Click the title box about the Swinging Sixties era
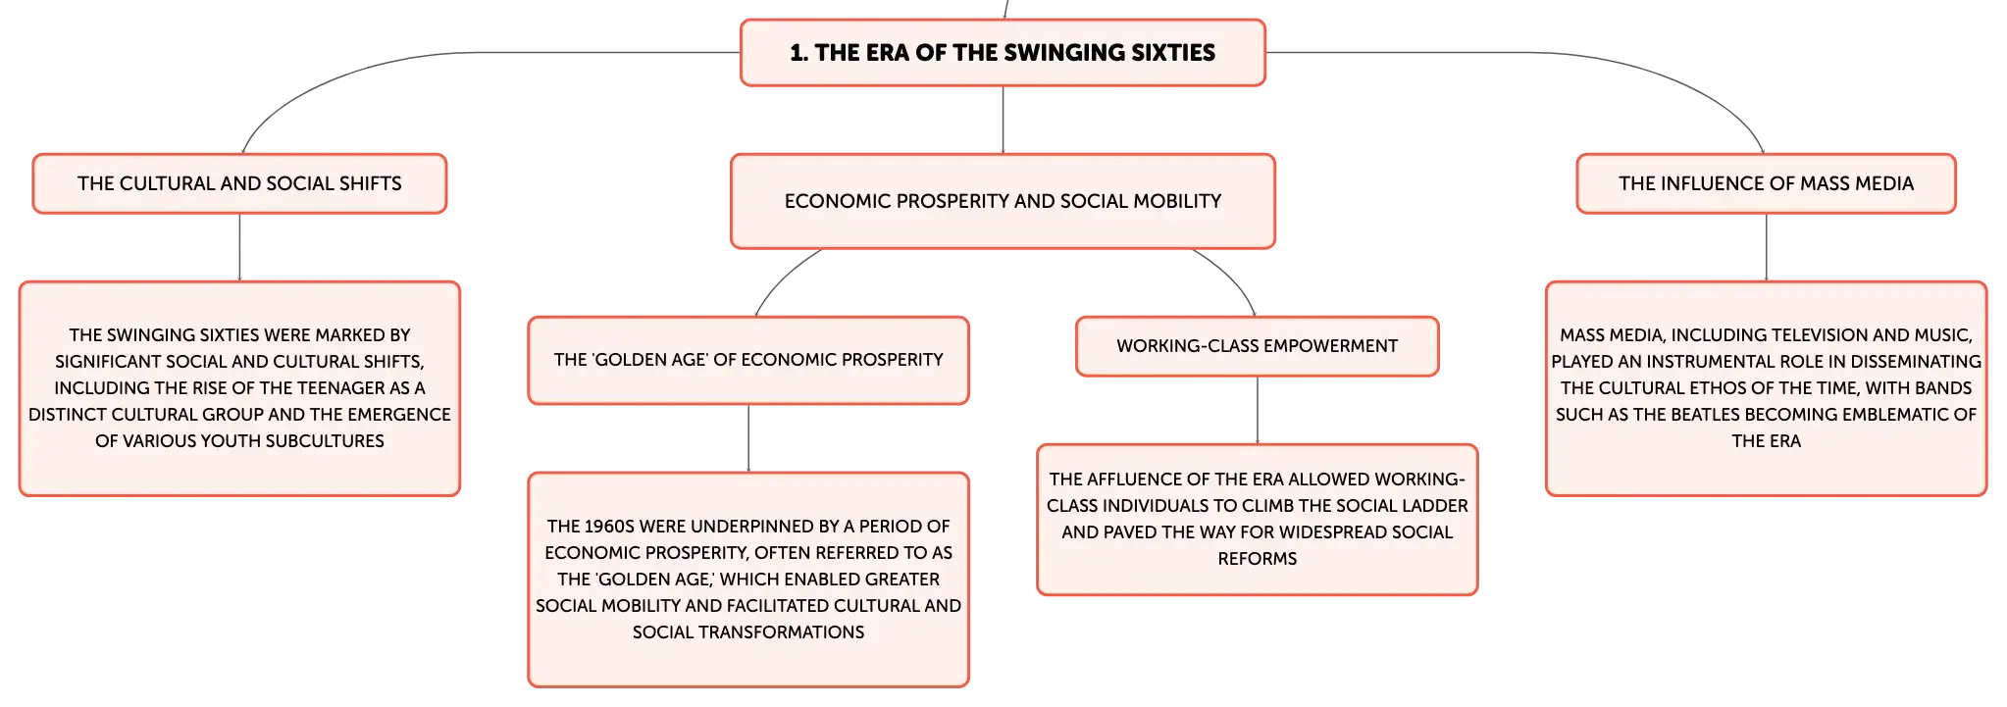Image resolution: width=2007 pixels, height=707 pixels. click(x=1003, y=53)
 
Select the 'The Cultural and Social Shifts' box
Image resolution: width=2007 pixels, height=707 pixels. click(x=239, y=183)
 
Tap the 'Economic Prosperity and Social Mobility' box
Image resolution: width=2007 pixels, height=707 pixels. click(x=1003, y=201)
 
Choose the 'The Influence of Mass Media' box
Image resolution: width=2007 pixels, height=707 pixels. click(x=1766, y=183)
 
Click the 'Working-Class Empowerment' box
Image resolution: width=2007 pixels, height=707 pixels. click(x=1258, y=346)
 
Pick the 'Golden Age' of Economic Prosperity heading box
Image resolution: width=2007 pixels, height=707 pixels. click(x=748, y=360)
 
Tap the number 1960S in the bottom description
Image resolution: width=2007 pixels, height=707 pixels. click(x=608, y=527)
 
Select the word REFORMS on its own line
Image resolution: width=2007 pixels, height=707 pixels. click(x=1258, y=559)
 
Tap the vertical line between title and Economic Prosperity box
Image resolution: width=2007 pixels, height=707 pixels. click(x=1003, y=120)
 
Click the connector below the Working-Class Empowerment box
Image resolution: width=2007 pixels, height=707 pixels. click(x=1258, y=410)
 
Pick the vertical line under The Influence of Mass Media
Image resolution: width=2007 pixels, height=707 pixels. click(x=1766, y=247)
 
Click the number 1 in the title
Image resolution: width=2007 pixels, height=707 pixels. click(x=796, y=53)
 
